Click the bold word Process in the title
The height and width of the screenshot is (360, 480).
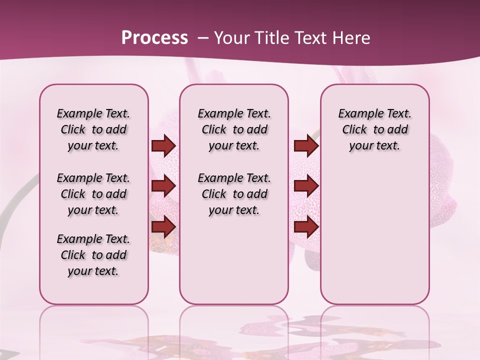154,37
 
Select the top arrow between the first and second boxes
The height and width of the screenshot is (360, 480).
163,146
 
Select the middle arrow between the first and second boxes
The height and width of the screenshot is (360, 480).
163,186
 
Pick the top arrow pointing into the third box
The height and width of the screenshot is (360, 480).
306,146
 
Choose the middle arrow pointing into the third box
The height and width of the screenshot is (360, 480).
306,186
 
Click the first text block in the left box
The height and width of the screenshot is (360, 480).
93,129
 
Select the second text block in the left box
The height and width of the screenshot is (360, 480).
93,194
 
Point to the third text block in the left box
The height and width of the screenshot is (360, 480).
93,255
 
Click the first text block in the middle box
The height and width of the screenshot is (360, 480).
234,129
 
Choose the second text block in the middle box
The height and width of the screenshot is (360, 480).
234,194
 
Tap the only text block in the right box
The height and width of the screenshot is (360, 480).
374,129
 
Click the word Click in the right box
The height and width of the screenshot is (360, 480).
354,129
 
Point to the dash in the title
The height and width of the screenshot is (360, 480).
203,38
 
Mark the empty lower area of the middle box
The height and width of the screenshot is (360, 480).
234,260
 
